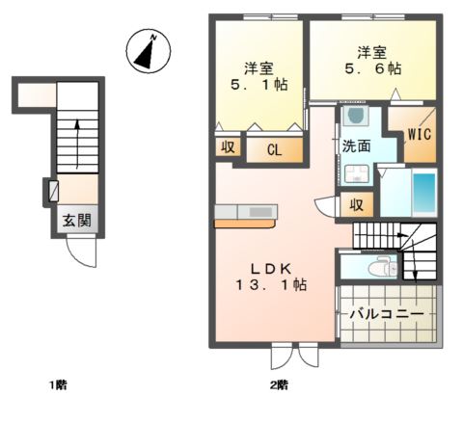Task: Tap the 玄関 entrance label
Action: coord(78,221)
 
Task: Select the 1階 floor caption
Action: coord(58,385)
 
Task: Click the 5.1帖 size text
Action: coord(259,85)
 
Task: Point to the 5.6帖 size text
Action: coord(368,69)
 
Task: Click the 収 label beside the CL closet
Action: coord(228,147)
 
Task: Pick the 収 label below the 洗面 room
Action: coord(356,204)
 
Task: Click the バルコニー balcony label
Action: coord(386,314)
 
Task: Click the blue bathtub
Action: coord(423,194)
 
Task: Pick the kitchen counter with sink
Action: coord(246,212)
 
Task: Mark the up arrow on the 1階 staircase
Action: coord(78,135)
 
